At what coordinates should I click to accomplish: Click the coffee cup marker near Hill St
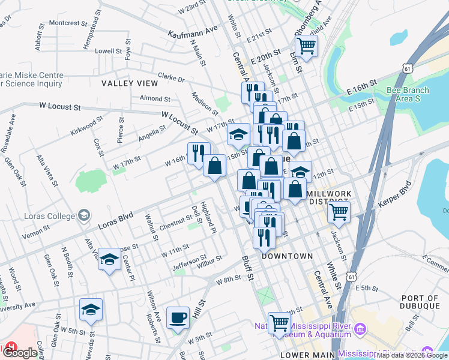[178, 318]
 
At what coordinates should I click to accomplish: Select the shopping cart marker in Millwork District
[339, 211]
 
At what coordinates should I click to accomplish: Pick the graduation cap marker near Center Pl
[109, 259]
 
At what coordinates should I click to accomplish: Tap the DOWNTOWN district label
[287, 256]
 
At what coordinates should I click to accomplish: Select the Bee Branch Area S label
[408, 94]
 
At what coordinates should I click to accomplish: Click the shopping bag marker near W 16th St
[214, 164]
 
